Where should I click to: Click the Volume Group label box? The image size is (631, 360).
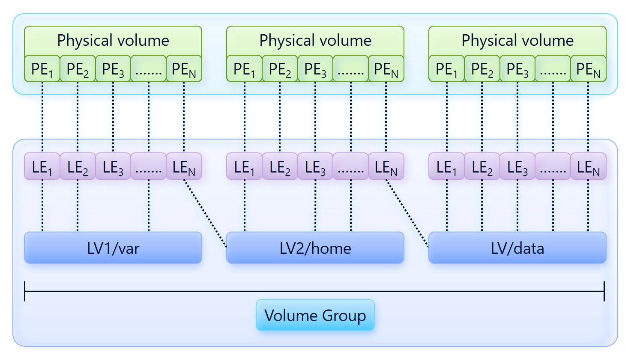[x=315, y=315]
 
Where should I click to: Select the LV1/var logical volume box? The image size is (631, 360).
[x=113, y=248]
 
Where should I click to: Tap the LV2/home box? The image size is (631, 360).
[x=315, y=248]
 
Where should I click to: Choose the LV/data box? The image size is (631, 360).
[x=517, y=248]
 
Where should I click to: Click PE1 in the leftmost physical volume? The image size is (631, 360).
[x=42, y=69]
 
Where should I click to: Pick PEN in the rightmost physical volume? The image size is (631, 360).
[x=588, y=69]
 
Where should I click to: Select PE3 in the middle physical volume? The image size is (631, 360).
[x=315, y=69]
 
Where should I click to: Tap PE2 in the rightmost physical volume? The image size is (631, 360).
[x=482, y=69]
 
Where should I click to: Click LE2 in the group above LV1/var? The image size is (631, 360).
[x=78, y=167]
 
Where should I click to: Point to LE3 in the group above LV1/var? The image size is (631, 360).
[x=113, y=167]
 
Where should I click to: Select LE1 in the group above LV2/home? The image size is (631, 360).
[x=244, y=167]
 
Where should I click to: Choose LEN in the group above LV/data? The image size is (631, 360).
[x=588, y=167]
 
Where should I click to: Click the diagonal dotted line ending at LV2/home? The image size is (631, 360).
[x=205, y=213]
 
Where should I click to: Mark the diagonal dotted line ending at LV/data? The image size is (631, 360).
[x=407, y=213]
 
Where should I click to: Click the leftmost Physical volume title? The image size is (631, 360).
[x=113, y=41]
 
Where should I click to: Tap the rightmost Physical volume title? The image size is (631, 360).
[x=517, y=41]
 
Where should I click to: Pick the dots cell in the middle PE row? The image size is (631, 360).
[x=350, y=69]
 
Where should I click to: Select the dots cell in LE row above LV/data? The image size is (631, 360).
[x=553, y=167]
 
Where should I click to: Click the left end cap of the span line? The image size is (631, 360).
[x=25, y=291]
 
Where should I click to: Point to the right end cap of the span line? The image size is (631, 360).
[x=604, y=291]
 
